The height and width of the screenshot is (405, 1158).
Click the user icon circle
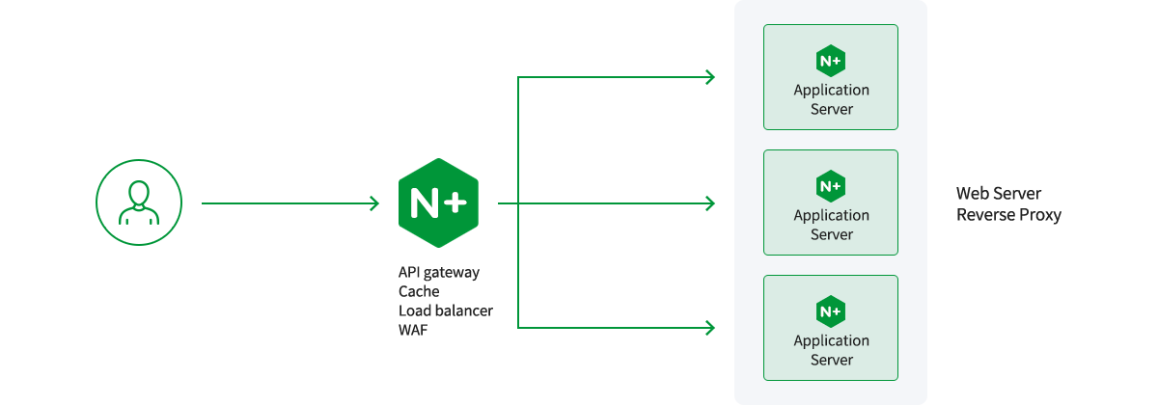138,202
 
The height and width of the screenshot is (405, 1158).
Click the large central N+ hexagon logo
438,202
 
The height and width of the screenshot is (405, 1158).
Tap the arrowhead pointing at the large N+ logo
374,203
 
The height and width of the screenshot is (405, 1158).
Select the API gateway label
439,272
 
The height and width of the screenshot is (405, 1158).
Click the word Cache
419,291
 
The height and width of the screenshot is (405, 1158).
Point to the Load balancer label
446,310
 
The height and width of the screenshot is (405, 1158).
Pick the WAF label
413,330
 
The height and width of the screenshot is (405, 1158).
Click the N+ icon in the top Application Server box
830,60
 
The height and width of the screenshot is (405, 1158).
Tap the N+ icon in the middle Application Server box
830,185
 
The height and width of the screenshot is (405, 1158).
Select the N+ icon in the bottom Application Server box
830,310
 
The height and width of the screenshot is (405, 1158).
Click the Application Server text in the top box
831,99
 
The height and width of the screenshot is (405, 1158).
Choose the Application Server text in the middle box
831,225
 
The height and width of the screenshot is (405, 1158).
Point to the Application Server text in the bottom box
831,350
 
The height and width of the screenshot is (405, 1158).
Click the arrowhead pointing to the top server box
710,77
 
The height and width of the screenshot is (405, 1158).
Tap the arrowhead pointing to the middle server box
710,203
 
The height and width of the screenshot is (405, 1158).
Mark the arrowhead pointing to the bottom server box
710,328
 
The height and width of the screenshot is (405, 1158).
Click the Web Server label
999,194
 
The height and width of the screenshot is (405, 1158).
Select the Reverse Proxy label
1008,215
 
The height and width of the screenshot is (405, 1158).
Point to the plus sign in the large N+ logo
455,202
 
